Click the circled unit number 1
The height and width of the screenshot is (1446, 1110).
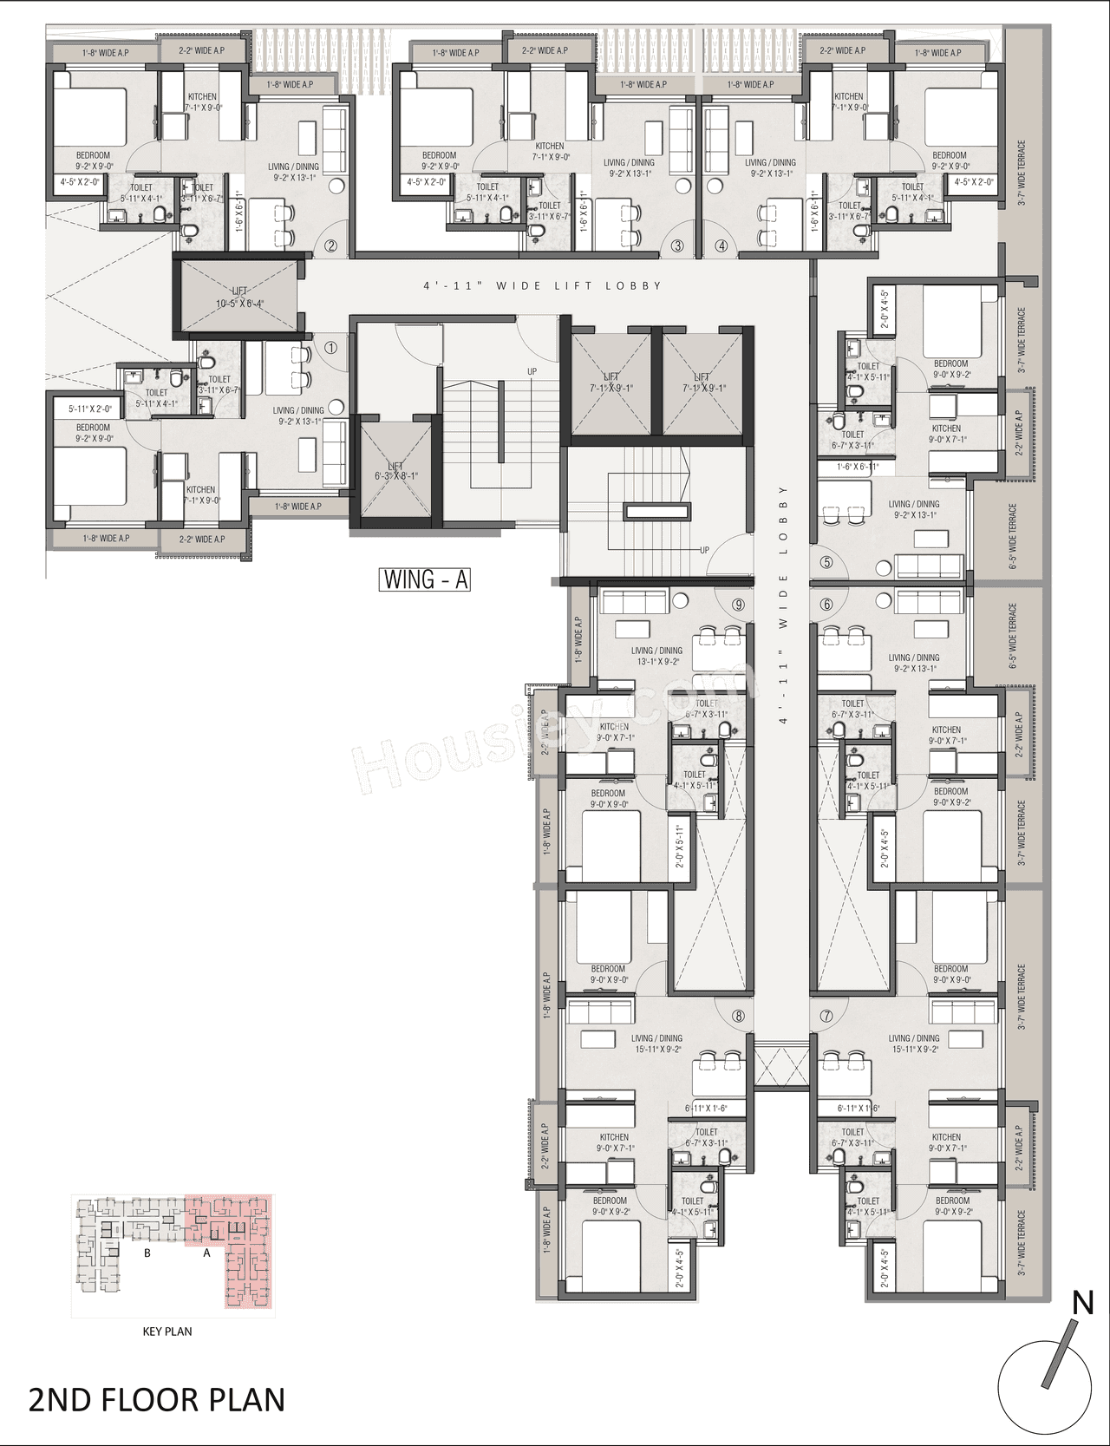click(330, 348)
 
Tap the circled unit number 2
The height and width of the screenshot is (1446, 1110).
click(330, 245)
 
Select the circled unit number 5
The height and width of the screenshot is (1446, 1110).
click(826, 562)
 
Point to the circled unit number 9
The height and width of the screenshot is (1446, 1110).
click(738, 605)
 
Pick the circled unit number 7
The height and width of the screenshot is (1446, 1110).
click(826, 1016)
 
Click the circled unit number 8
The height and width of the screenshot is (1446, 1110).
click(738, 1016)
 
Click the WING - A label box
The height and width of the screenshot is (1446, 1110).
click(425, 579)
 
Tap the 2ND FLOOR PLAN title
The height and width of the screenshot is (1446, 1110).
click(157, 1400)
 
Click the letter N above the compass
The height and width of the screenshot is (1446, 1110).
click(1082, 1303)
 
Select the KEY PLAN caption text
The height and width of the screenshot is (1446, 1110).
click(167, 1331)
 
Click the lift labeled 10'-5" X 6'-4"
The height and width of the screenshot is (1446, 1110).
click(239, 297)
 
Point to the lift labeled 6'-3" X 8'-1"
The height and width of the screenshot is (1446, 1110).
click(395, 471)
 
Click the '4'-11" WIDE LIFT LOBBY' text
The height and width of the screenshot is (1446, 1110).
click(542, 285)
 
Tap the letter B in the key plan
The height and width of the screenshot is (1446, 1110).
click(147, 1253)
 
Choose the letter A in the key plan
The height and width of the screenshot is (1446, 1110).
click(206, 1253)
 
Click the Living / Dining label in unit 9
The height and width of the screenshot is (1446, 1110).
click(656, 656)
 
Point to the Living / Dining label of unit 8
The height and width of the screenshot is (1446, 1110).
click(656, 1044)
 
